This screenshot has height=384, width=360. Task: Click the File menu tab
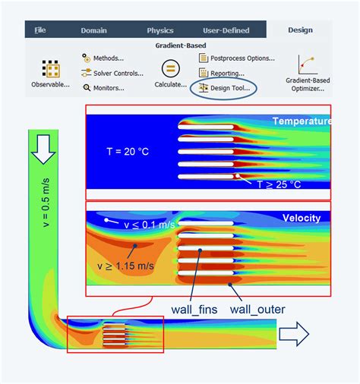click(x=40, y=30)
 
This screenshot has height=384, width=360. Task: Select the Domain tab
click(x=93, y=30)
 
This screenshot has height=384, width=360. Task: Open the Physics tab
click(x=160, y=30)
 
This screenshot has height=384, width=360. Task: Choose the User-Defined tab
click(x=226, y=30)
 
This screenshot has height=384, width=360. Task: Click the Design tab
click(x=300, y=30)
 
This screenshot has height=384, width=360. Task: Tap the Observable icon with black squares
click(x=51, y=68)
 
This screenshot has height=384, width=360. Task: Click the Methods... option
click(x=103, y=58)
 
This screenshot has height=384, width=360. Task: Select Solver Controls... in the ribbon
click(x=112, y=73)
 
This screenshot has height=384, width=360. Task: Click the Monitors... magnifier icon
click(x=87, y=88)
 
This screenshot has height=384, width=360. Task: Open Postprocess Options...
click(x=237, y=58)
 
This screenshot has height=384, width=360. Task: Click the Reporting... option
click(x=222, y=73)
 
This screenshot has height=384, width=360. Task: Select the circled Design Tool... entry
click(x=224, y=88)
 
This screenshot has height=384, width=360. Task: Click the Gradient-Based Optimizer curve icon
click(x=308, y=65)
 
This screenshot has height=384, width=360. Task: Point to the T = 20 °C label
click(x=128, y=152)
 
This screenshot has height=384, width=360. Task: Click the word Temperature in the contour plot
click(x=302, y=121)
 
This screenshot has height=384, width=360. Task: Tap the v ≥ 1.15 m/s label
click(x=125, y=266)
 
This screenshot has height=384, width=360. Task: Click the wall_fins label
click(x=194, y=310)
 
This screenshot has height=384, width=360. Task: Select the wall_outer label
click(x=257, y=310)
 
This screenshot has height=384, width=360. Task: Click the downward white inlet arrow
click(x=43, y=150)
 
